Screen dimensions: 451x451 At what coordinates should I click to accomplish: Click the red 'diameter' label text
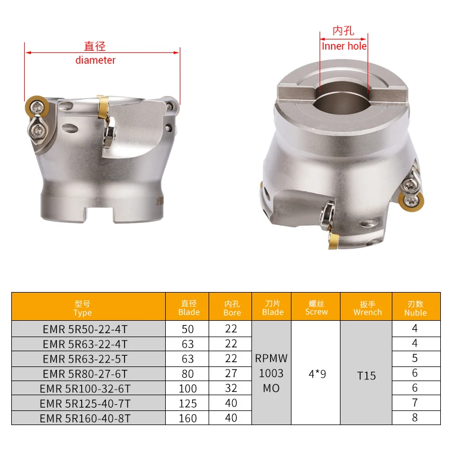coord(95,60)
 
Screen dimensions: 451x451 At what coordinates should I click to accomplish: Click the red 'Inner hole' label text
coord(344,46)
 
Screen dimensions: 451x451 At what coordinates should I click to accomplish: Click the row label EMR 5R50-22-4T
coord(85,329)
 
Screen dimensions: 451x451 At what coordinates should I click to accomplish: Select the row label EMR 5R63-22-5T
coord(85,359)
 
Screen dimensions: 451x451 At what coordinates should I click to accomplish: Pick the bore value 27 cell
coord(231,373)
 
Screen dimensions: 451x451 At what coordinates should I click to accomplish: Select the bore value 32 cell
coord(231,388)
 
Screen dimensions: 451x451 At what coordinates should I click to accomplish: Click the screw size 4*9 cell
coord(316,373)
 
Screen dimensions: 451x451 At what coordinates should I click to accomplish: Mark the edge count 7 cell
coord(415,403)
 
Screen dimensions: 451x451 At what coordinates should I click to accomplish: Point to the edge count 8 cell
coord(415,418)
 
